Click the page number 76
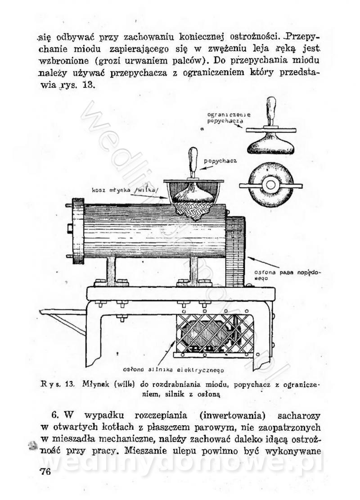[45, 471]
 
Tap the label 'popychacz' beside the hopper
[220, 161]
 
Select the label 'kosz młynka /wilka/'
[125, 191]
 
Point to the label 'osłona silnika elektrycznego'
[173, 370]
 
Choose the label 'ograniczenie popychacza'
[229, 118]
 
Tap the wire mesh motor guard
[214, 334]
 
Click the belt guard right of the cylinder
[235, 251]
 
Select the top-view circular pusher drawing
[270, 185]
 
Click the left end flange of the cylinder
[78, 231]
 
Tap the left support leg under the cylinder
[111, 271]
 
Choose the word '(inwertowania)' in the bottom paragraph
[233, 416]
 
